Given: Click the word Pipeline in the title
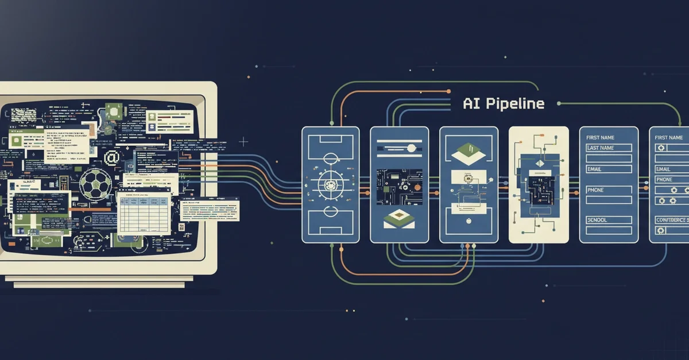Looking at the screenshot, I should [x=516, y=104].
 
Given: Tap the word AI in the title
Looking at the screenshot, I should [x=471, y=104].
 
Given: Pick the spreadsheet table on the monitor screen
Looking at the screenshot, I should [x=144, y=214].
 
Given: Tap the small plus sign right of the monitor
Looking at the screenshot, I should [x=243, y=141].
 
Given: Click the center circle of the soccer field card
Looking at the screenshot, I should [x=330, y=185].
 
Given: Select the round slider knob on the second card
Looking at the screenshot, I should [x=409, y=148].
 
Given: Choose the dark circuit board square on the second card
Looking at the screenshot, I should [x=399, y=186].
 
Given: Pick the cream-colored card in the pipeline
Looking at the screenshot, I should [x=539, y=185].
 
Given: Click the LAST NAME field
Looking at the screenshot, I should [x=609, y=148].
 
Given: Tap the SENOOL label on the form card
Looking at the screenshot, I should [x=597, y=220].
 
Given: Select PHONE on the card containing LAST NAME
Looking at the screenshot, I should [x=595, y=190].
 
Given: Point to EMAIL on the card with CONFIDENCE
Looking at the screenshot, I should [x=663, y=169].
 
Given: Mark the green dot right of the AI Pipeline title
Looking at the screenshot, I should [x=559, y=104].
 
